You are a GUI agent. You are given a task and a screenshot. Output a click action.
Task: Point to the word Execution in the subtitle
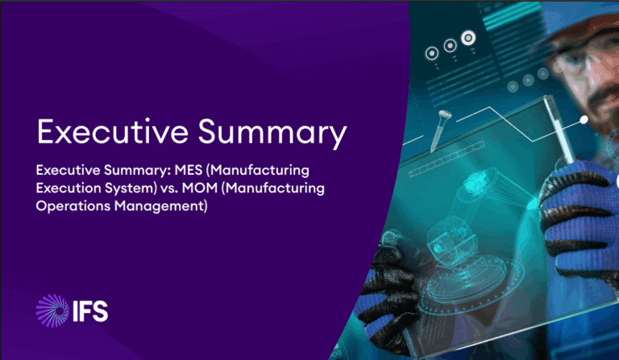[73, 188]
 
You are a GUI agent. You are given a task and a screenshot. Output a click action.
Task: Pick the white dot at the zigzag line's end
[584, 120]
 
